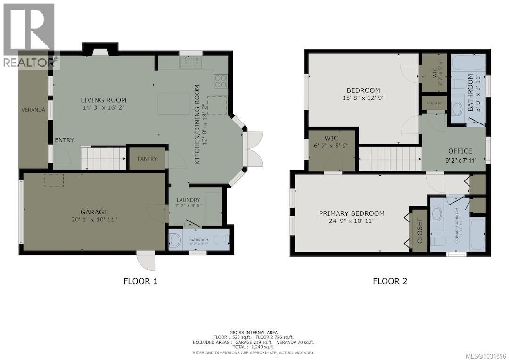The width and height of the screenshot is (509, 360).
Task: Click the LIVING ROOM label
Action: point(103,100)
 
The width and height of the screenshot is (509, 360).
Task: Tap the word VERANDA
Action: point(33,110)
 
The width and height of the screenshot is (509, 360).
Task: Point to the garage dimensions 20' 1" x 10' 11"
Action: point(93,220)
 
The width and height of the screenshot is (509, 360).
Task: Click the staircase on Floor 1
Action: point(103,158)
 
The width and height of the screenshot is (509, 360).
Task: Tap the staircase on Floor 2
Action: point(390,159)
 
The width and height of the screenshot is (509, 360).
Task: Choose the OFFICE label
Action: point(460,151)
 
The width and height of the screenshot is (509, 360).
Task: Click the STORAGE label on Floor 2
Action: point(434,103)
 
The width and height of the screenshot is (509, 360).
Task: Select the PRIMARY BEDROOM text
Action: point(351,213)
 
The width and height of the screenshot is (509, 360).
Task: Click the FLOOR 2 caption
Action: point(390,282)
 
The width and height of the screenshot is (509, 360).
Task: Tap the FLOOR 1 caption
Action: point(140,282)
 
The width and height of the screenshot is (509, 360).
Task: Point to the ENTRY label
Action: point(64,140)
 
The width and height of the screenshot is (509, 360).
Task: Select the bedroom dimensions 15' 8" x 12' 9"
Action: point(363,98)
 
